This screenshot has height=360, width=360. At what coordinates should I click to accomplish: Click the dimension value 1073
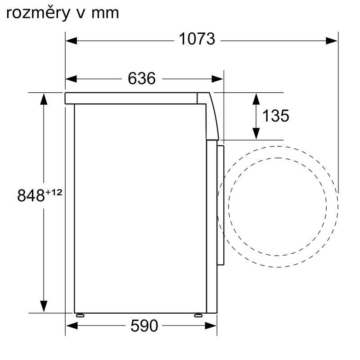197,39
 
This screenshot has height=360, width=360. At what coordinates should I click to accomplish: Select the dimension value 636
142,78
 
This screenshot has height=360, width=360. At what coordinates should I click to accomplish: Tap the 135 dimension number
275,116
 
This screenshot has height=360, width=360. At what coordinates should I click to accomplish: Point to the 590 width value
144,325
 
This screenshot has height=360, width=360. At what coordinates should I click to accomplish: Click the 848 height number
31,196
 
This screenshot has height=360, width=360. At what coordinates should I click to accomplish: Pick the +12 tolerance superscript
54,192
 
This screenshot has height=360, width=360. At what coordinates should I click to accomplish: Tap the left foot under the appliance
80,315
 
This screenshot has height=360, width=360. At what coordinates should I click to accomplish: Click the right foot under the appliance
198,315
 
